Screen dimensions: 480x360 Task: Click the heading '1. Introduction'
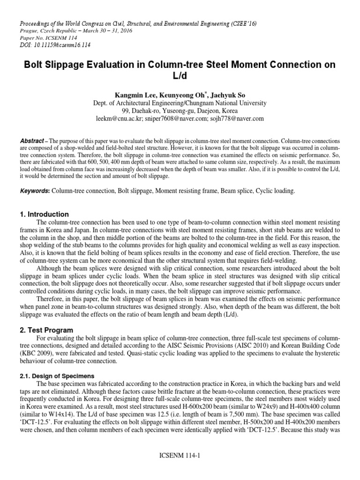pyautogui.click(x=44, y=214)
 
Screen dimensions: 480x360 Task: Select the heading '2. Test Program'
pyautogui.click(x=46, y=330)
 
